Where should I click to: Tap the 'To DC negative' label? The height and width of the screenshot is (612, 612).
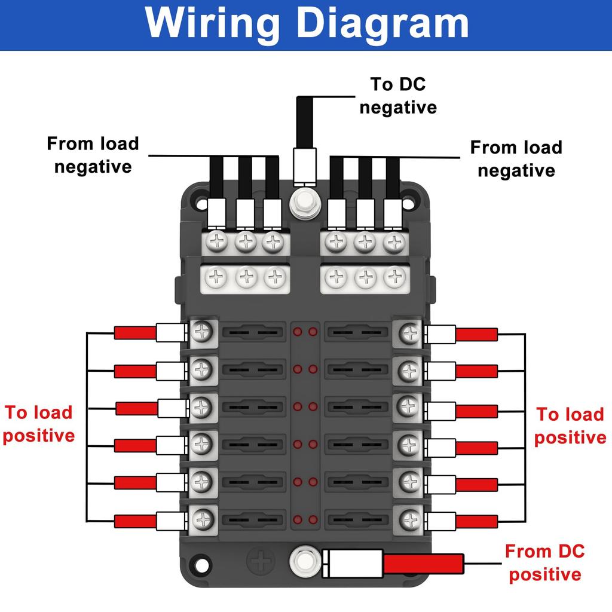[x=398, y=96]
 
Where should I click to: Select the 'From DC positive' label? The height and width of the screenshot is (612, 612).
[x=544, y=562]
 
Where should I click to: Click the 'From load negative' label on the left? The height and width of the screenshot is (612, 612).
[x=93, y=155]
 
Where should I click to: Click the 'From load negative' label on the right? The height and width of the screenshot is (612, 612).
[x=516, y=158]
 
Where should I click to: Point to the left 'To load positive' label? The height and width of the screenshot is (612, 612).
[x=39, y=424]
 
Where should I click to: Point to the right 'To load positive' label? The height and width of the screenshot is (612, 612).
[x=570, y=426]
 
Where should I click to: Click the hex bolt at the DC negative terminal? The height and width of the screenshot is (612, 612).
[x=304, y=203]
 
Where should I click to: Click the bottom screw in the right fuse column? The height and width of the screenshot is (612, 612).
[x=409, y=519]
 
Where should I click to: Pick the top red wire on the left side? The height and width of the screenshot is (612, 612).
[x=135, y=333]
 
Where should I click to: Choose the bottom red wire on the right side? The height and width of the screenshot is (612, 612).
[x=476, y=521]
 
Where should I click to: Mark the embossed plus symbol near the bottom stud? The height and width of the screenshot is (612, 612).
[x=261, y=561]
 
